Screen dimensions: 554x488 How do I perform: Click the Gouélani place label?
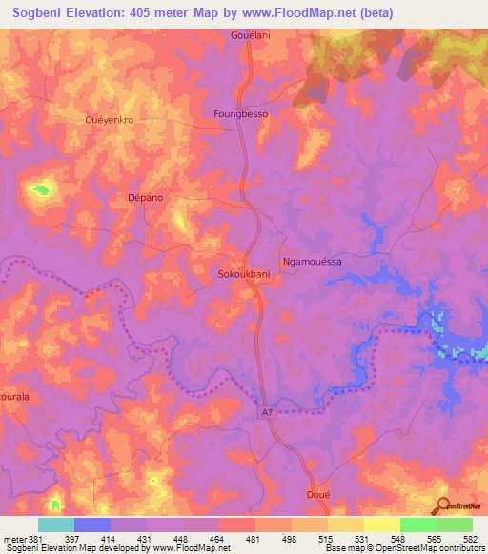click(253, 35)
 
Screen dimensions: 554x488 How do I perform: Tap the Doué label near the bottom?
click(318, 496)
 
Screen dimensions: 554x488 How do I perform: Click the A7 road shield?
click(269, 412)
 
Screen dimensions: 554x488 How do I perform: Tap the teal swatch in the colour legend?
click(56, 524)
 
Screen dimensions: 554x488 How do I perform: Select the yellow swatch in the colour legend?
click(381, 524)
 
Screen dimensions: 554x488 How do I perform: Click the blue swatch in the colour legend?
click(92, 524)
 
